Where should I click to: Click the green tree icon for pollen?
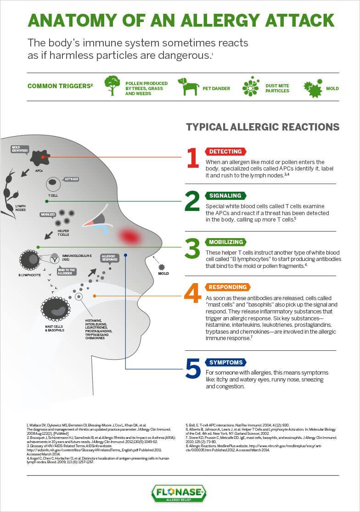tap(112, 85)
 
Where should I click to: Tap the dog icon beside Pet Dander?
tap(188, 86)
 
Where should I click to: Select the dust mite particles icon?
tap(251, 86)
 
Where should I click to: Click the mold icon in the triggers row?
tap(313, 87)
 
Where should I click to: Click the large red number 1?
tap(193, 158)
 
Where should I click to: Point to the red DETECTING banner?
tap(225, 151)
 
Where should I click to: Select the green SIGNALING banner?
tap(225, 195)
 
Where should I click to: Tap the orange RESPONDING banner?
tap(227, 287)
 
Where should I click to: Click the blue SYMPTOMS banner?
tap(225, 362)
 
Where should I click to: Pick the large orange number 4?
tap(192, 294)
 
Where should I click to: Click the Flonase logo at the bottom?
tap(179, 493)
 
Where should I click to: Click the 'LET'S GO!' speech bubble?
tap(71, 178)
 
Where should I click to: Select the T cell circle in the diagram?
tap(53, 184)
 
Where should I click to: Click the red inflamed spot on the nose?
tap(129, 236)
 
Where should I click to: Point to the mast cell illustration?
tap(56, 309)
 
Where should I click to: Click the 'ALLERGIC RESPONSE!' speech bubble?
tap(109, 257)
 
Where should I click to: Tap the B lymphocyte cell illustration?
tap(30, 260)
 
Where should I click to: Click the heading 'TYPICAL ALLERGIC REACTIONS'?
tap(263, 127)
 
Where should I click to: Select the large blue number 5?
tap(193, 369)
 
